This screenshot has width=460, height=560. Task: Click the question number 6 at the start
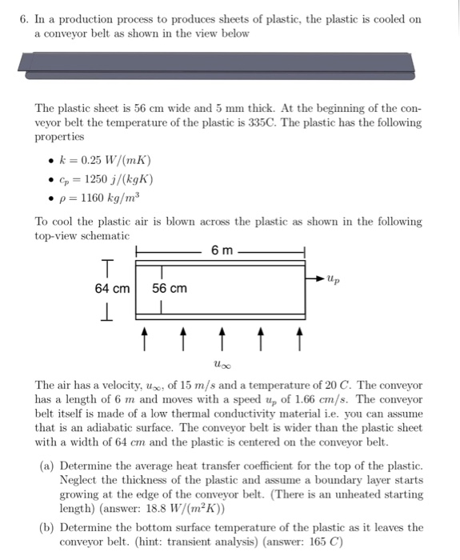23,18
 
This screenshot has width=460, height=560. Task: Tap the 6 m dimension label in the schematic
222,251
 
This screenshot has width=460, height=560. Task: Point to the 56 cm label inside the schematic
170,288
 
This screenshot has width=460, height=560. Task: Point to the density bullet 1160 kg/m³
106,196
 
